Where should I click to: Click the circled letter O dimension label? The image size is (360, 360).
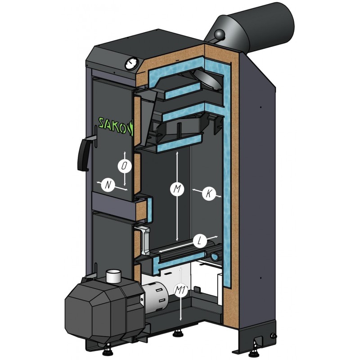pyautogui.click(x=124, y=166)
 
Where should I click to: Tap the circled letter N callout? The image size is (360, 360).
pyautogui.click(x=108, y=184)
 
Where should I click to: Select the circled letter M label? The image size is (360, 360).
pyautogui.click(x=177, y=189)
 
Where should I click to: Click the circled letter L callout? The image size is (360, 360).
pyautogui.click(x=200, y=241)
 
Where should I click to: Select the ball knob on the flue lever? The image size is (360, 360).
pyautogui.click(x=220, y=35)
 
